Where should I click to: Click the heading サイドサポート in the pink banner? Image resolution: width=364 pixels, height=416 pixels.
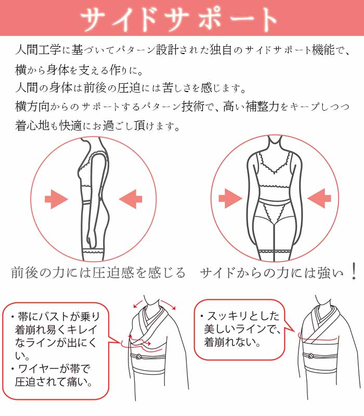coord(179,19)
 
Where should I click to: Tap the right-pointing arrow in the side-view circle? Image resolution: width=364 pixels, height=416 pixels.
coord(57,199)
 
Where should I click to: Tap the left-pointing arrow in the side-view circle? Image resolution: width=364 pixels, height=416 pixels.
coord(131,199)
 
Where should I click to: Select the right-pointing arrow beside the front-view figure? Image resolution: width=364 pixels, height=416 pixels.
coord(230,199)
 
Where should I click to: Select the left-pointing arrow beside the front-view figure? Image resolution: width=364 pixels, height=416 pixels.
coord(319,199)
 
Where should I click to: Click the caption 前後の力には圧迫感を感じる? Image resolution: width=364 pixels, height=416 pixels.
coord(98,272)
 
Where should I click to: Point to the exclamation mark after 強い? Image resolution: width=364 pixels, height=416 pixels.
coord(354,271)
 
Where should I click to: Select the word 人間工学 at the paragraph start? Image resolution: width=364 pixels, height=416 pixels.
coord(38,50)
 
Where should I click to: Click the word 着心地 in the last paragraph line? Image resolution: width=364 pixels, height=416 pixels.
coord(32,125)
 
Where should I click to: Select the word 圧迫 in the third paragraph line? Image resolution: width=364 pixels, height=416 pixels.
coord(129,88)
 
